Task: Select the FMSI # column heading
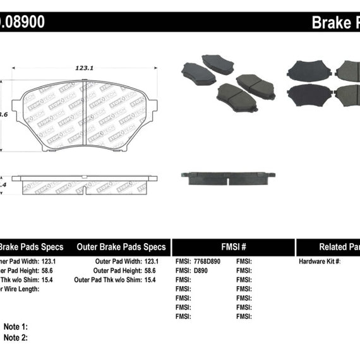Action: (x=233, y=247)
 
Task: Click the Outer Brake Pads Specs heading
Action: (x=121, y=247)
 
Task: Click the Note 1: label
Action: (x=16, y=327)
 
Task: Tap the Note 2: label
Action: (x=16, y=337)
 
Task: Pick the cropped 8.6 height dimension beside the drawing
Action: (x=4, y=114)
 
